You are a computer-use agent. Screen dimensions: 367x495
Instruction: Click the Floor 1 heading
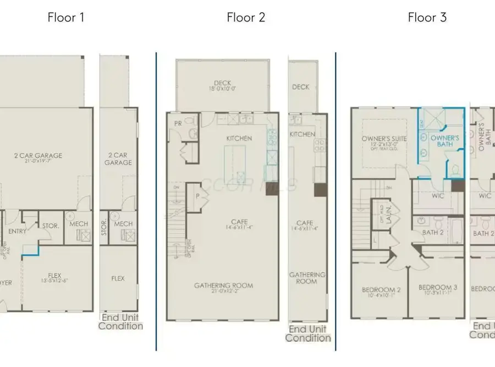66,17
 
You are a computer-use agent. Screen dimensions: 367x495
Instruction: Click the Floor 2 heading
246,17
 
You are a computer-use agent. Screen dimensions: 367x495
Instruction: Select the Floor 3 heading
427,17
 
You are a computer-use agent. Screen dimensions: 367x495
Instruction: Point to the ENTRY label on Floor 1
17,232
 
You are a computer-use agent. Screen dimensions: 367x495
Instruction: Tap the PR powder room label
178,123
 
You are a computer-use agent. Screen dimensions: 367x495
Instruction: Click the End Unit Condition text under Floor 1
120,322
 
